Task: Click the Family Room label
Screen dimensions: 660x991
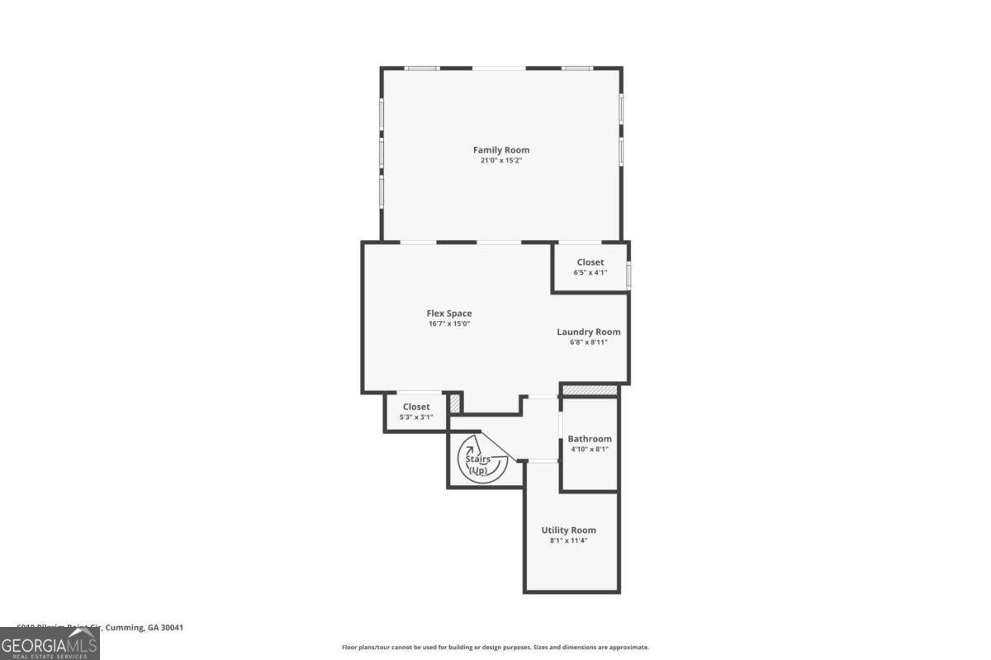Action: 500,149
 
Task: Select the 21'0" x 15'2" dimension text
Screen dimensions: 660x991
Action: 500,161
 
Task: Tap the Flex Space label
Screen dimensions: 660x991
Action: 448,313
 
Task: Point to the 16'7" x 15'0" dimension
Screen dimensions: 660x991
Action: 448,324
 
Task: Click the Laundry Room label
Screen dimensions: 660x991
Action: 588,332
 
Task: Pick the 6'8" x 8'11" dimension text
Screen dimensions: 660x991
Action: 588,342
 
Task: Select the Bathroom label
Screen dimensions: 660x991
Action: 590,439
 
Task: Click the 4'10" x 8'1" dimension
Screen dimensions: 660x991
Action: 590,450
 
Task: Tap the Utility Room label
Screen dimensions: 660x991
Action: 568,530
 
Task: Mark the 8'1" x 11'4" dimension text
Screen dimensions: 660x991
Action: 568,540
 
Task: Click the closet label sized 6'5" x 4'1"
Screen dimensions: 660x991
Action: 590,262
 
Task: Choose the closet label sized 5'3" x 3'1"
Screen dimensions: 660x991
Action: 415,407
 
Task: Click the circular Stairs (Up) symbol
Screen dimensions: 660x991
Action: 478,464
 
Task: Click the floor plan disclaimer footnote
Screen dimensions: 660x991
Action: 495,648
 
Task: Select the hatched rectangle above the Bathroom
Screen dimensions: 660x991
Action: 590,389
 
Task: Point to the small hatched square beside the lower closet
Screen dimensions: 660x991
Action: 454,403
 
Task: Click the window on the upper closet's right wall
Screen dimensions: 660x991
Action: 628,275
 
